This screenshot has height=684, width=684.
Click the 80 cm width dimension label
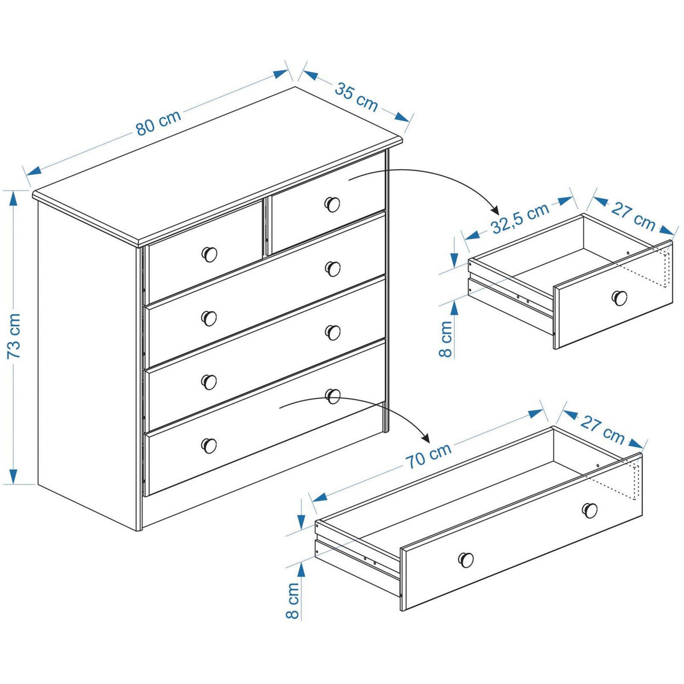click(x=158, y=123)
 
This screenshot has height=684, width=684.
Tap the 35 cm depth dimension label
click(x=356, y=97)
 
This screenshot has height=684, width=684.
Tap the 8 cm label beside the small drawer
click(x=446, y=338)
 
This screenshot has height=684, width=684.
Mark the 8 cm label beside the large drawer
click(x=292, y=600)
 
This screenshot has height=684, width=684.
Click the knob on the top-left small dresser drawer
click(x=210, y=254)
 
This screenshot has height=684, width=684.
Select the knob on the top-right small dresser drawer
click(x=332, y=203)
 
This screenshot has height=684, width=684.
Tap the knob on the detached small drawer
click(x=620, y=297)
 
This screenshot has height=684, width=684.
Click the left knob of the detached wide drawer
click(x=466, y=560)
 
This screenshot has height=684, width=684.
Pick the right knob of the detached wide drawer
click(x=589, y=510)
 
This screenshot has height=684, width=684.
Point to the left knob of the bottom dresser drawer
click(x=209, y=445)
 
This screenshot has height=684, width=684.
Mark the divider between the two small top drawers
click(x=265, y=227)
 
